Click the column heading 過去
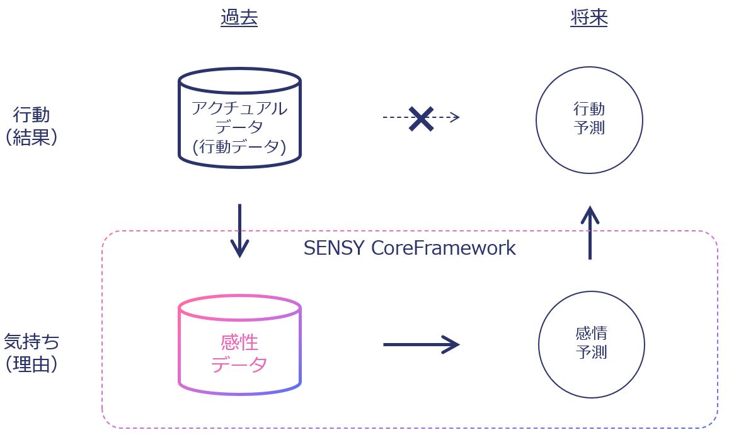[239, 18]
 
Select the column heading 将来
[588, 18]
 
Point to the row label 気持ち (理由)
[32, 353]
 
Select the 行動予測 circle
[589, 120]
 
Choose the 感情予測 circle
[591, 344]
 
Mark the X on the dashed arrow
[421, 118]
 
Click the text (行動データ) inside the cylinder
[239, 147]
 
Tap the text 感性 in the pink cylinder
[239, 342]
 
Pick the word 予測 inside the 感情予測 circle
[591, 352]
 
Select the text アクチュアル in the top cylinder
[239, 108]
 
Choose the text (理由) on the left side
[32, 364]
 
